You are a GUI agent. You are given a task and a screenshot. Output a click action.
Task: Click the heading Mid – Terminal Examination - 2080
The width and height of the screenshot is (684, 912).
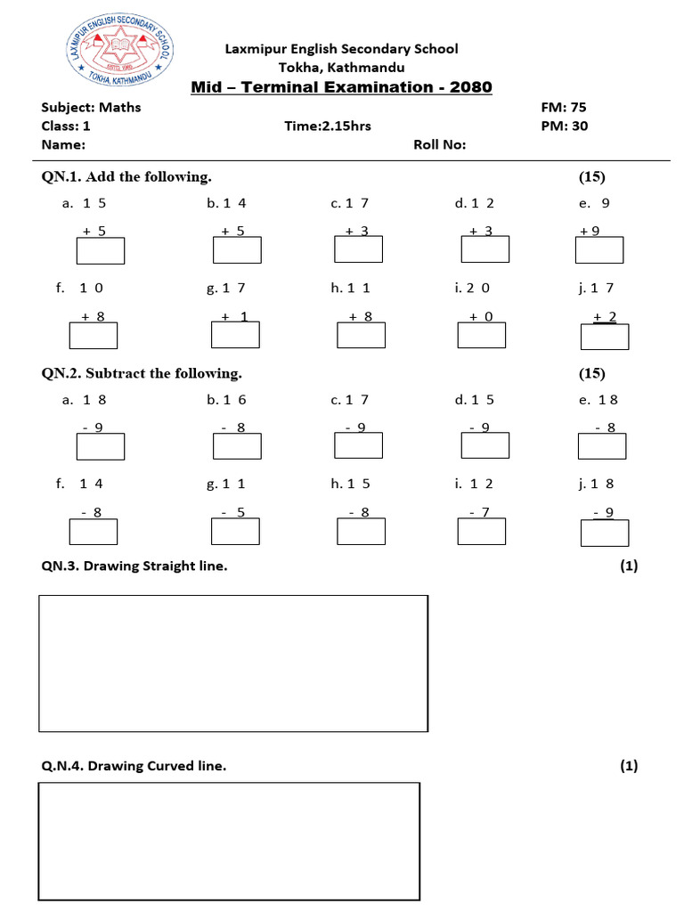click(342, 87)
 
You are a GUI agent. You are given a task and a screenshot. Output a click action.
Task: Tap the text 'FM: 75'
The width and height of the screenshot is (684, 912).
click(564, 107)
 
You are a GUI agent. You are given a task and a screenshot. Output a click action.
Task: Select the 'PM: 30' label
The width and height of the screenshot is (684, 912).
click(565, 126)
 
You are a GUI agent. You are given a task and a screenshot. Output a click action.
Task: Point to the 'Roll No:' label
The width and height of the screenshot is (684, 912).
click(440, 145)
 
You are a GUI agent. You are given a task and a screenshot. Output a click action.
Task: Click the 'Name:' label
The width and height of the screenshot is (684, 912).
click(63, 145)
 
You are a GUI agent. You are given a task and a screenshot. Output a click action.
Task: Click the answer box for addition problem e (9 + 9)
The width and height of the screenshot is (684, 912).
click(598, 251)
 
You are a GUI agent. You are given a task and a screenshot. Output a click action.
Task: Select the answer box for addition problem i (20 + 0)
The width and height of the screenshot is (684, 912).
click(481, 335)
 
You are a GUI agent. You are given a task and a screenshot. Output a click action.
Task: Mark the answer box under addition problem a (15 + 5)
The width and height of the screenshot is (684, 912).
click(101, 251)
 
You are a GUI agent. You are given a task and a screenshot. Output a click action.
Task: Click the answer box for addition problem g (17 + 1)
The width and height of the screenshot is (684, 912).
click(235, 334)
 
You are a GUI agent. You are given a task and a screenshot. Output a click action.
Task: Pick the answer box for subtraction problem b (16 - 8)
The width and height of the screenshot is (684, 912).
click(237, 446)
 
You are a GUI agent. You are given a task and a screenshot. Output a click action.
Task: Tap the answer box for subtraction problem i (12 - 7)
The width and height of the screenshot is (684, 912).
click(481, 531)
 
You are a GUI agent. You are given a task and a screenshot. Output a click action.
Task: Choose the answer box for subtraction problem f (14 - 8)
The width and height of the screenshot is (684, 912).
click(94, 531)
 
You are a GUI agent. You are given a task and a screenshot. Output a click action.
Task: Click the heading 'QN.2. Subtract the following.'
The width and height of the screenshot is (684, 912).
click(142, 373)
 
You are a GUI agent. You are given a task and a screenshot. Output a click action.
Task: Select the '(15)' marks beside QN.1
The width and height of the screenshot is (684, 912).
click(591, 176)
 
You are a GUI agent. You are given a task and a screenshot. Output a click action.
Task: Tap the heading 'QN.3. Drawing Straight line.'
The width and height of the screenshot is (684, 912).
click(134, 566)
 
